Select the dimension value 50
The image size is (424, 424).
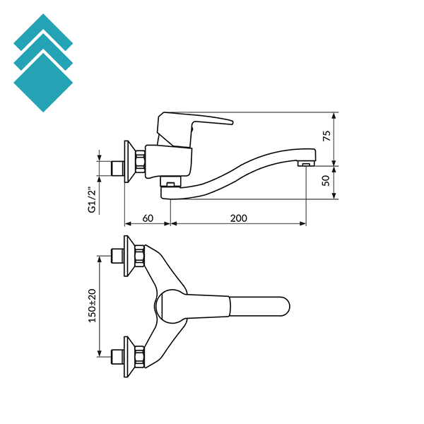[x=326, y=181]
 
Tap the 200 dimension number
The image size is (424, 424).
[x=238, y=218]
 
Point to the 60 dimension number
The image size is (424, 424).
[x=147, y=218]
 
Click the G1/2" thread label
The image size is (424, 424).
[x=91, y=200]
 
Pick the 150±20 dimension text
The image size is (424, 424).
[x=91, y=306]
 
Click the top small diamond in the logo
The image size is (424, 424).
[x=42, y=32]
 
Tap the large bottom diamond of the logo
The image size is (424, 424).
[x=43, y=82]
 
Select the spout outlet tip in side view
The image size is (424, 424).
[x=305, y=164]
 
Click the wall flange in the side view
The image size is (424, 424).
[x=128, y=161]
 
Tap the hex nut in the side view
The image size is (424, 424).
[x=140, y=161]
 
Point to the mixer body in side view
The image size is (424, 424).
[x=170, y=160]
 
